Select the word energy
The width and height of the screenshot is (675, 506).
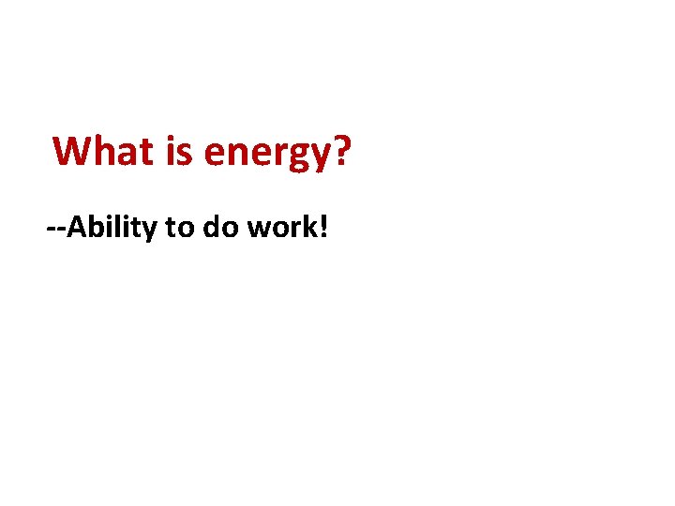click(x=266, y=153)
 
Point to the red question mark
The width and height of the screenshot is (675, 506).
click(x=341, y=151)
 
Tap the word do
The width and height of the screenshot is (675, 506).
click(x=217, y=227)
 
